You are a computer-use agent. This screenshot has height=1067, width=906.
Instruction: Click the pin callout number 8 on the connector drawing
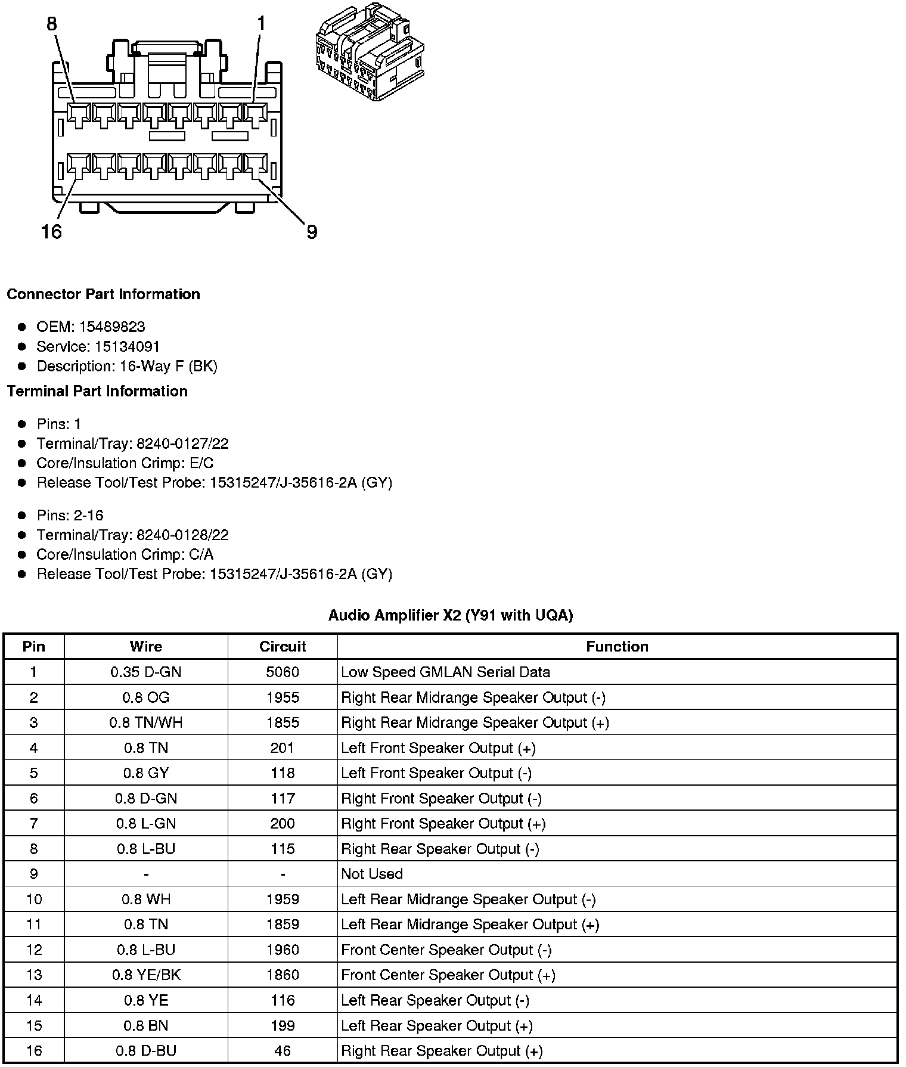[52, 24]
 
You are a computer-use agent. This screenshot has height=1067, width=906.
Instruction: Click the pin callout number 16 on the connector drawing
[52, 231]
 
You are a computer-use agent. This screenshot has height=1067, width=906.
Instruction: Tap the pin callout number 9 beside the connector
[312, 232]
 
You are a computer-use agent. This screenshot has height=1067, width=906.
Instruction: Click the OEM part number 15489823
[112, 327]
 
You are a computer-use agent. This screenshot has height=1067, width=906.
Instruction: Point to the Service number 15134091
[128, 346]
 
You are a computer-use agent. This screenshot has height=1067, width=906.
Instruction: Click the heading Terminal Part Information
[97, 391]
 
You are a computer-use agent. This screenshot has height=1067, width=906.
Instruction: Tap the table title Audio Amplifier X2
[451, 615]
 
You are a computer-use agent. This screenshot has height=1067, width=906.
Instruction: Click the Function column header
[617, 647]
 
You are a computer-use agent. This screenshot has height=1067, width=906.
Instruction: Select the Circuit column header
[283, 647]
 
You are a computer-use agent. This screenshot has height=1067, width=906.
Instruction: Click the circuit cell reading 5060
[283, 672]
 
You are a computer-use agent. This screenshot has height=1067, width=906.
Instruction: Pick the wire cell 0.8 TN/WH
[146, 722]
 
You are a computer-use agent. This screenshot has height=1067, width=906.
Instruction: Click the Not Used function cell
[372, 874]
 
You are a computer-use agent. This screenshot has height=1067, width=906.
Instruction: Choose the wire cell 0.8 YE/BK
[146, 975]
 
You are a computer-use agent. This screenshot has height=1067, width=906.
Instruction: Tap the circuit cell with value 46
[283, 1050]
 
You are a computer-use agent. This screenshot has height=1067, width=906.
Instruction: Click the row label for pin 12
[34, 950]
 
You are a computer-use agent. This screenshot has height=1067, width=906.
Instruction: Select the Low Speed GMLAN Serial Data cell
[445, 672]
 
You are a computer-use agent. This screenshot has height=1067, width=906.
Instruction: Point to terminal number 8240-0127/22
[182, 443]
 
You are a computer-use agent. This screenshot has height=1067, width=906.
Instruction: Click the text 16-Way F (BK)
[169, 366]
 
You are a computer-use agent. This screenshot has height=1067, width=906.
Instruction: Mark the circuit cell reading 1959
[283, 899]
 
